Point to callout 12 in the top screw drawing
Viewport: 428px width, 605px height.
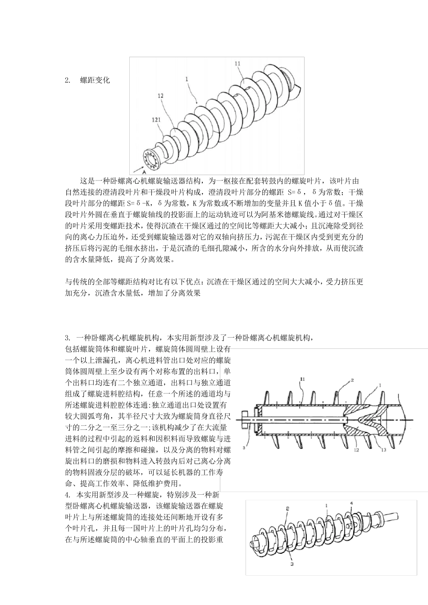(160, 95)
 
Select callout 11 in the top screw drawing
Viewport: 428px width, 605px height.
(238, 64)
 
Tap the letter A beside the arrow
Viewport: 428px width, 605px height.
(144, 172)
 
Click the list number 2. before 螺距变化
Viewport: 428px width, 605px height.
(68, 81)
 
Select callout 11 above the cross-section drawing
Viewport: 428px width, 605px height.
(302, 379)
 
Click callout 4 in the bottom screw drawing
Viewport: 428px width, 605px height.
(351, 503)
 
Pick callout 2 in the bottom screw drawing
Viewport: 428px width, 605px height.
(287, 508)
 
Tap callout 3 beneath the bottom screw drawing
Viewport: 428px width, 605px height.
(292, 563)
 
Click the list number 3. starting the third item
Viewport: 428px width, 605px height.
(68, 338)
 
